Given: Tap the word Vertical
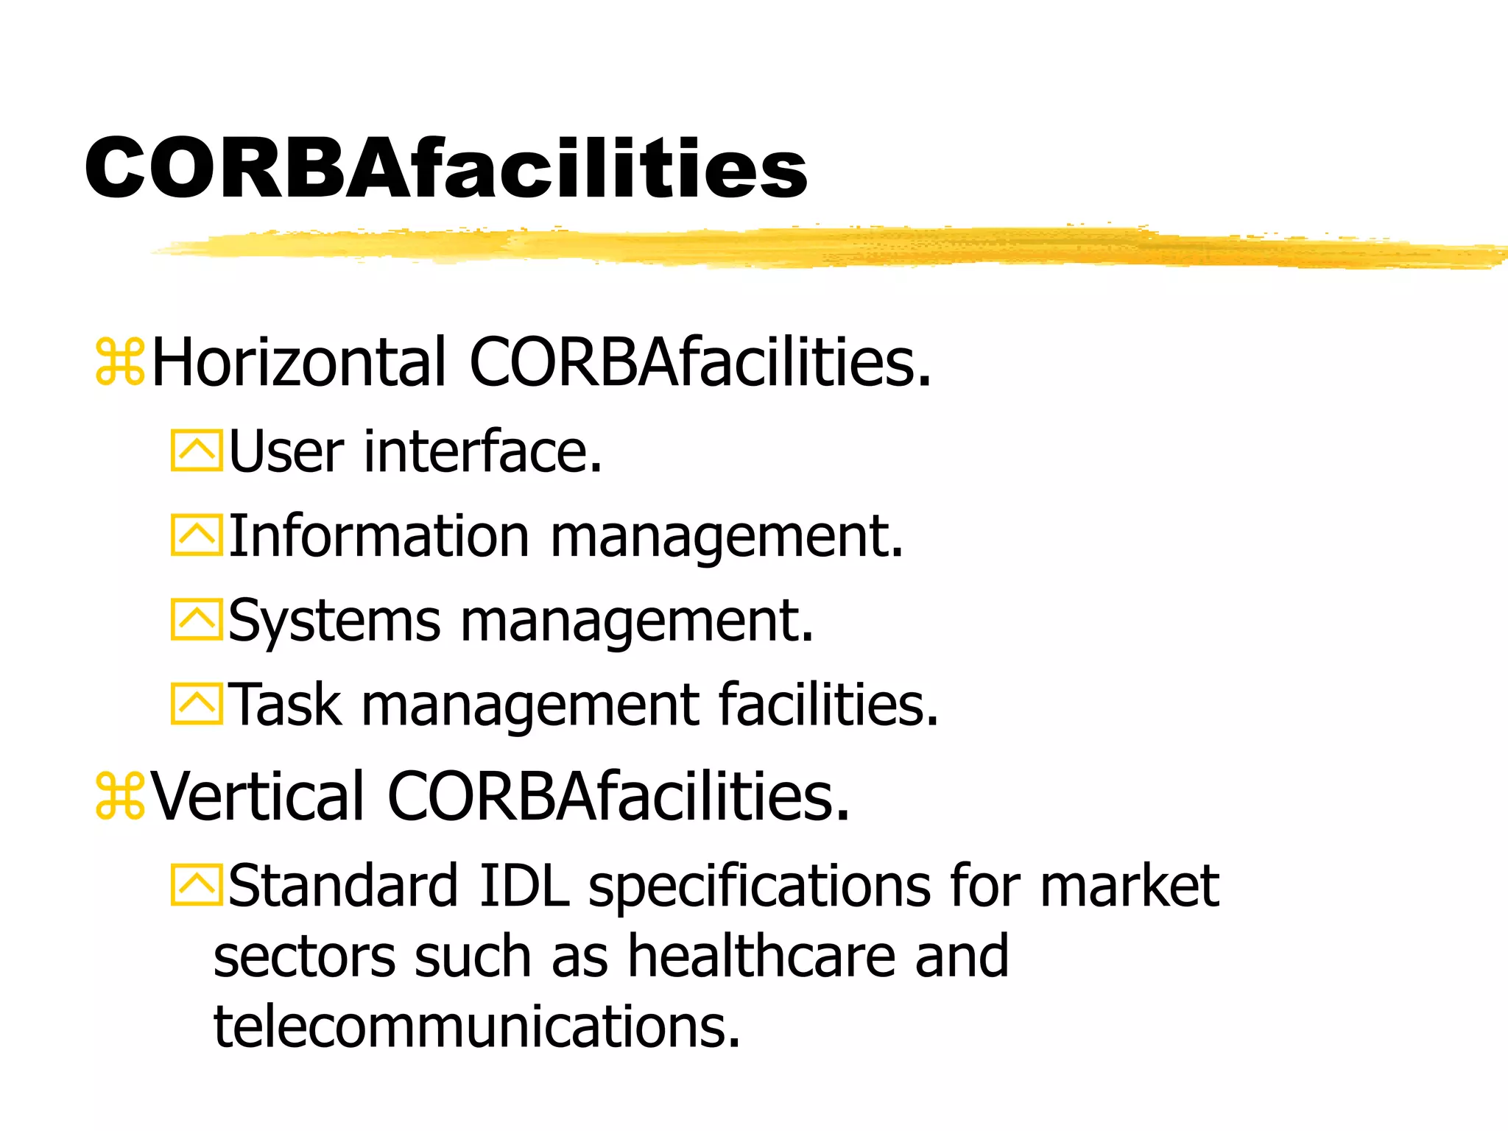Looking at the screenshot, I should [258, 796].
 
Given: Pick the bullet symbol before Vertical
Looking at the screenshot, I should [120, 796].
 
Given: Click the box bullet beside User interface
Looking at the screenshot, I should [197, 451].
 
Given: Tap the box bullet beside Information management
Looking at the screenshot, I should [197, 535].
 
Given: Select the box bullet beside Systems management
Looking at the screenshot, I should [197, 620].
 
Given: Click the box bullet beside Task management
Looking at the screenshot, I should [197, 704].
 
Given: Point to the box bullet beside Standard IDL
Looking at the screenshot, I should [197, 885].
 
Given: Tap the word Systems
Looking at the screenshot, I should [334, 621].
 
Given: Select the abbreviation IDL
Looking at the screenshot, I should [524, 885].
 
